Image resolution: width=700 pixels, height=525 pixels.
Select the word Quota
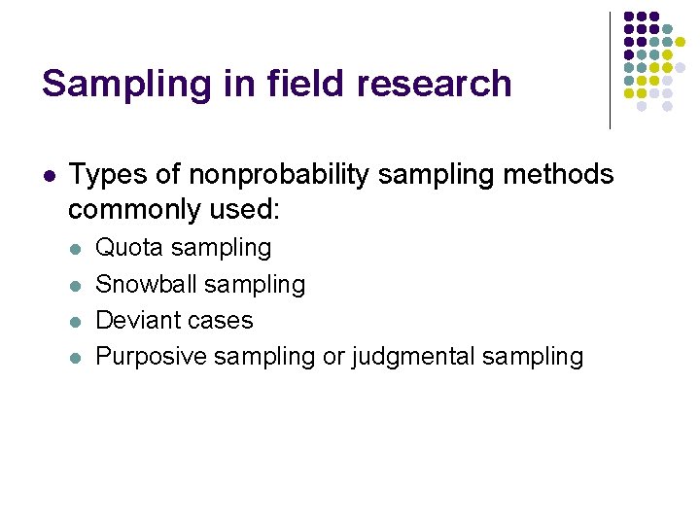point(129,248)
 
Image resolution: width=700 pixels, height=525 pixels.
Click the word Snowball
point(142,284)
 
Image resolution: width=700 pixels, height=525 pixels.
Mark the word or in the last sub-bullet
point(333,357)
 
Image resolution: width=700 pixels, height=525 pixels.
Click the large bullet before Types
point(50,176)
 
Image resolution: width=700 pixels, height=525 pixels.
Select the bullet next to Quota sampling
point(76,249)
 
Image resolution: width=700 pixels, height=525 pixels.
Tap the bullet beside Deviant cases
point(76,321)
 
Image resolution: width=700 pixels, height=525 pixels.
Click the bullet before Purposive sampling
point(76,357)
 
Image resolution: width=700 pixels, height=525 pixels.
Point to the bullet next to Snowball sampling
point(76,285)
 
